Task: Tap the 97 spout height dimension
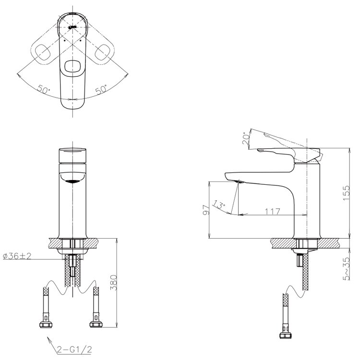pos(205,209)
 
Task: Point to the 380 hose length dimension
pos(113,284)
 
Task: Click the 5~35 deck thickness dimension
pos(346,267)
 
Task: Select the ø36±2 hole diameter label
pos(17,257)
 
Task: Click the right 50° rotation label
pos(101,90)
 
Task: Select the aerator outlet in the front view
pos(72,181)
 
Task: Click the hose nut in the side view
pos(287,336)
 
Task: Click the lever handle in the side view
pos(288,153)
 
